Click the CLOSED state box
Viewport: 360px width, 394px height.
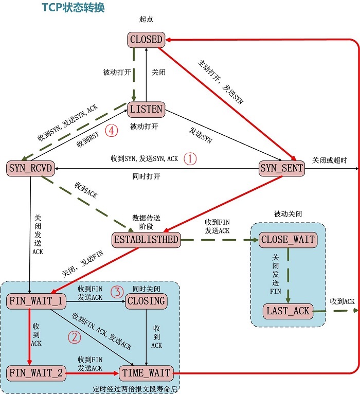[146, 39]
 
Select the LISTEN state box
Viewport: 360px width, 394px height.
[146, 109]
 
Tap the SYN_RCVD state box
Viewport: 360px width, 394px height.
[31, 168]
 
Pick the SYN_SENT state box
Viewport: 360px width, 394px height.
[282, 168]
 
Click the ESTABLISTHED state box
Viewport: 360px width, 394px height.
[147, 239]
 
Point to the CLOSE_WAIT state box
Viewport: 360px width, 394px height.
[287, 239]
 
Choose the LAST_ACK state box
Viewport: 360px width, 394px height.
[287, 311]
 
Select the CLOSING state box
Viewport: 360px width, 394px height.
[147, 301]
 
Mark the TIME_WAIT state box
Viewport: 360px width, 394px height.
[146, 373]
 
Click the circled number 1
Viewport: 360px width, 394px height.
[190, 158]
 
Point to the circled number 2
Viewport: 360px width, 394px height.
[75, 338]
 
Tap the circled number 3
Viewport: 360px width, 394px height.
[118, 293]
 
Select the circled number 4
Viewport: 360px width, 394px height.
[111, 131]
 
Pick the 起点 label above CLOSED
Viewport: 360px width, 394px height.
[146, 20]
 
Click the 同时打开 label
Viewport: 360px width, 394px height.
[146, 176]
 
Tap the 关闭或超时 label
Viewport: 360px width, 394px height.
[329, 160]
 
